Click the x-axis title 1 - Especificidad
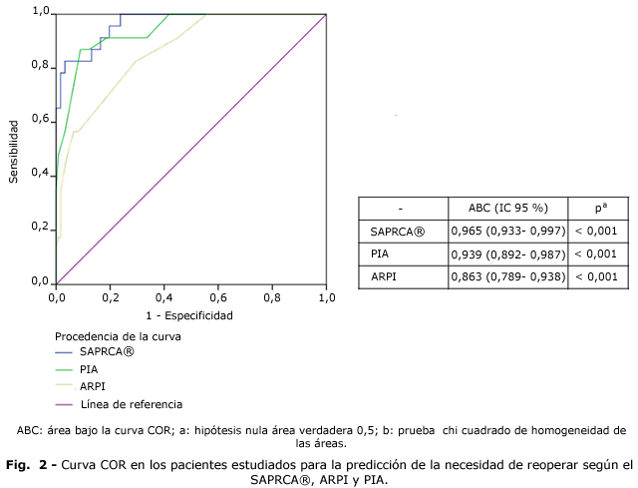point(189,315)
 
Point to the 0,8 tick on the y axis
point(40,66)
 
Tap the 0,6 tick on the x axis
point(218,296)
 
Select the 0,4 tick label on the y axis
point(40,174)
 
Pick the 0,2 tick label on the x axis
point(110,296)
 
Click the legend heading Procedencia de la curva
point(125,335)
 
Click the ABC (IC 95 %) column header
point(508,208)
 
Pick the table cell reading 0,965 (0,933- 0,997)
point(508,231)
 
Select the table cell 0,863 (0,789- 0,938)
point(508,275)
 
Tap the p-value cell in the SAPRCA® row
point(596,231)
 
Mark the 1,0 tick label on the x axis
point(327,296)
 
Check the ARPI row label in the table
point(384,275)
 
